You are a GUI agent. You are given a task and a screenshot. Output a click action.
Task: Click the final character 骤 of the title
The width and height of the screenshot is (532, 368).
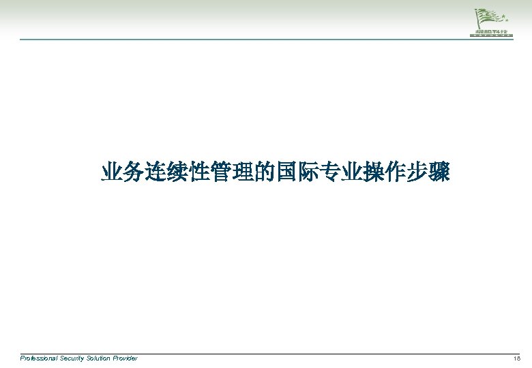(x=439, y=172)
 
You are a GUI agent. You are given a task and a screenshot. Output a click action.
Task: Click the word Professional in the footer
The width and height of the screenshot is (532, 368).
(x=39, y=358)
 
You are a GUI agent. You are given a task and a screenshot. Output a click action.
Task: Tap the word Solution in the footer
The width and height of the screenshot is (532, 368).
(x=100, y=358)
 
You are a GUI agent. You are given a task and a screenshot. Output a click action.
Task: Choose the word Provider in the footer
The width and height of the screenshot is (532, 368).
(x=125, y=358)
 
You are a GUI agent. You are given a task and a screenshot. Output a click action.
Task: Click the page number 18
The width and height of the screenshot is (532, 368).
(x=517, y=358)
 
